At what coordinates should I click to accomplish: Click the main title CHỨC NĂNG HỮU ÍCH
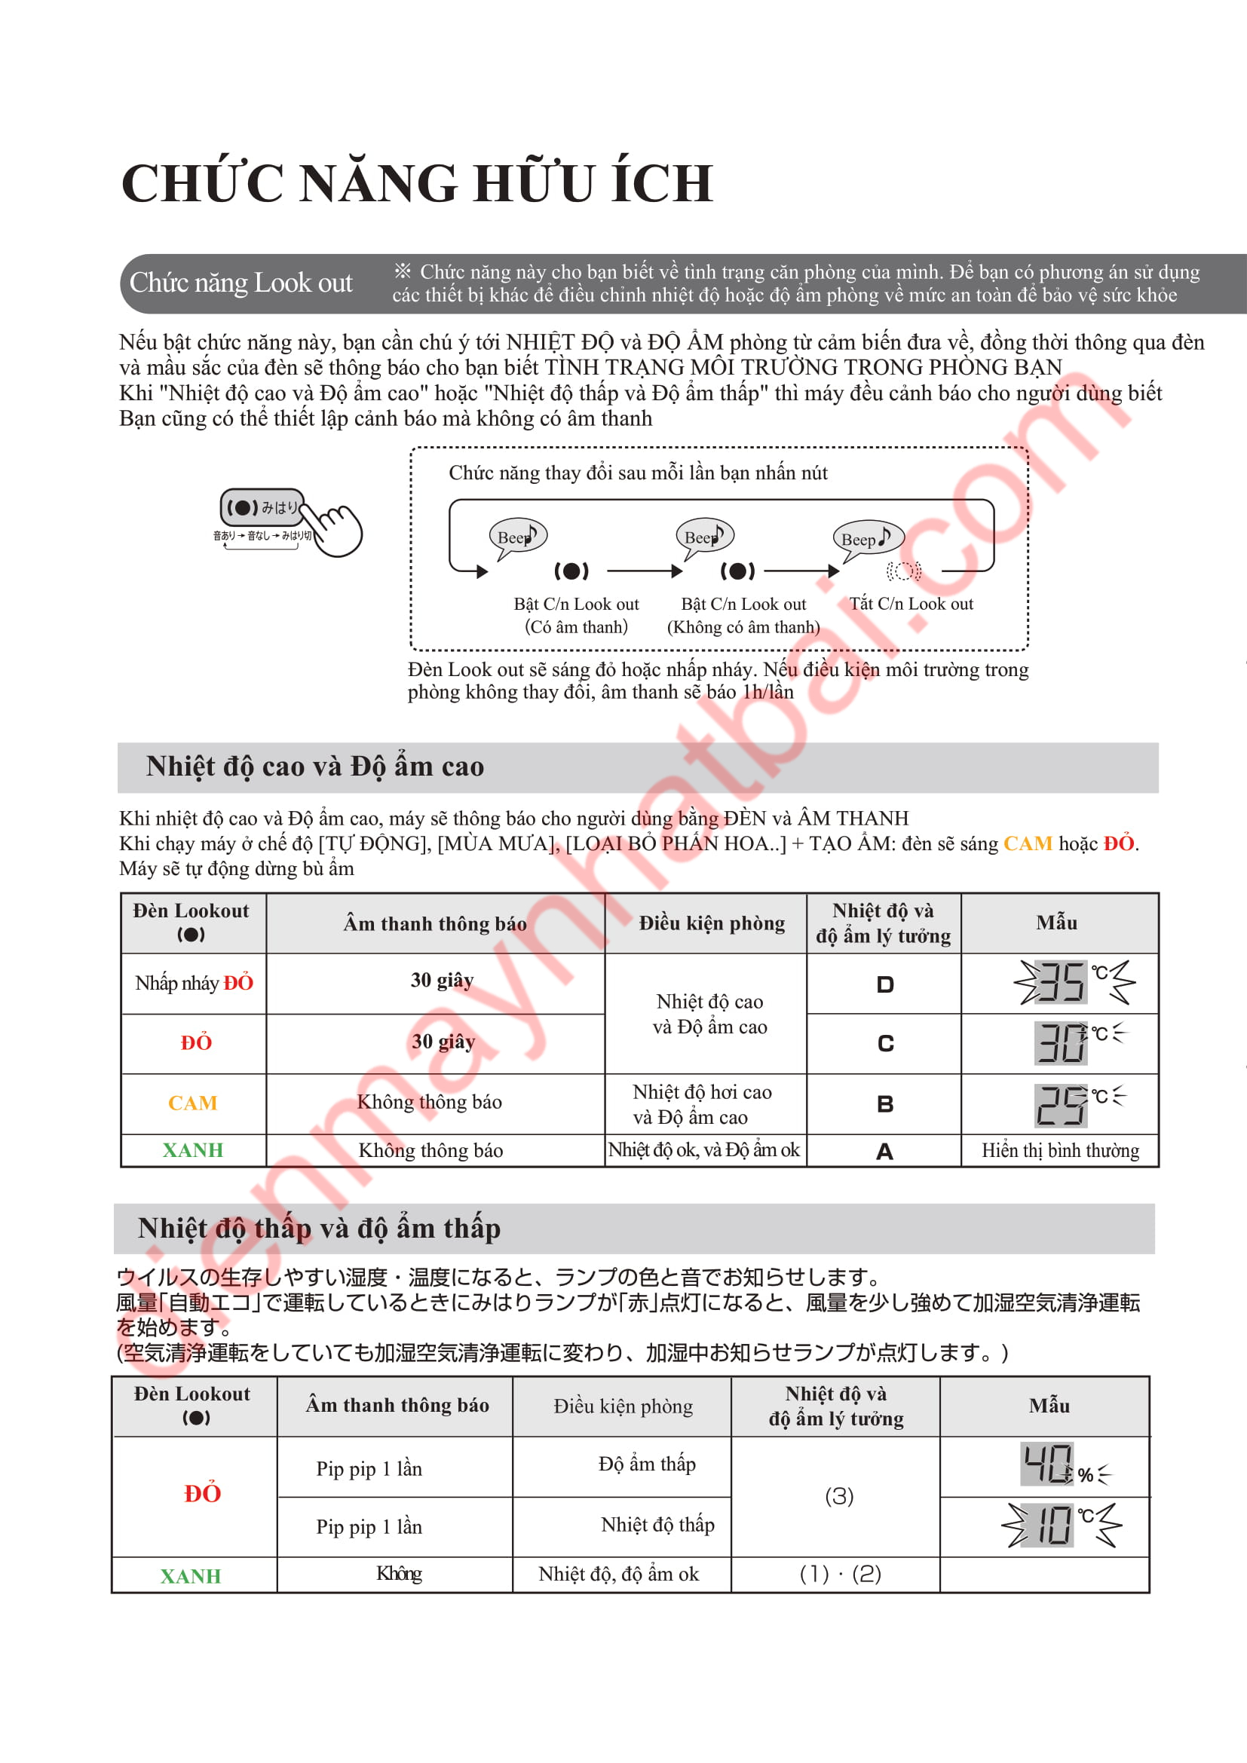[417, 183]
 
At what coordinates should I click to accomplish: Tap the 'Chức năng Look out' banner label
[241, 283]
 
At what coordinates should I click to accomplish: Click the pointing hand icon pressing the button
[338, 529]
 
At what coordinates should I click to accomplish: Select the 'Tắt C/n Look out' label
[911, 604]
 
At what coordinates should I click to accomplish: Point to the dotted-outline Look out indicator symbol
[903, 571]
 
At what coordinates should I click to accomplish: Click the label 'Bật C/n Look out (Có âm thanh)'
[576, 615]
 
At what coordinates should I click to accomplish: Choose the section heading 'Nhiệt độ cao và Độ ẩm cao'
[315, 767]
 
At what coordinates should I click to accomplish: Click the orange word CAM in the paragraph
[1028, 844]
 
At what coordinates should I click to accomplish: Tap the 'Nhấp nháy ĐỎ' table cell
[194, 983]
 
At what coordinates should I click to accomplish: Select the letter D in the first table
[884, 984]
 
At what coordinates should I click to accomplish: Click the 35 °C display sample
[1074, 982]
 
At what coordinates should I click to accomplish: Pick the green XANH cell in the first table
[193, 1150]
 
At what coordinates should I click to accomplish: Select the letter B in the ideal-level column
[884, 1104]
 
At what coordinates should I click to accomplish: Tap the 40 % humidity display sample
[1066, 1465]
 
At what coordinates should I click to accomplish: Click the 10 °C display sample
[1062, 1524]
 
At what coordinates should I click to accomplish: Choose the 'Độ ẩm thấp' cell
[647, 1465]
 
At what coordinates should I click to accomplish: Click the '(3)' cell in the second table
[838, 1497]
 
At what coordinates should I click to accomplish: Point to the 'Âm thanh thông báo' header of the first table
[434, 924]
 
